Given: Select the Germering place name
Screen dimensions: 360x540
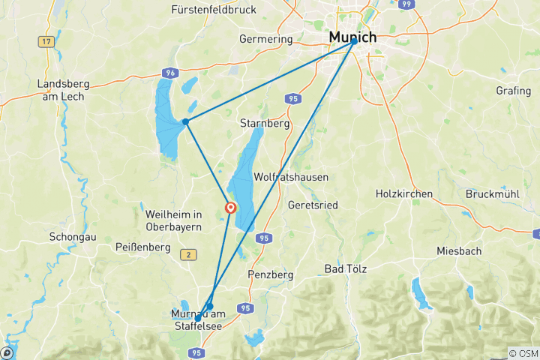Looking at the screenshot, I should point(265,38).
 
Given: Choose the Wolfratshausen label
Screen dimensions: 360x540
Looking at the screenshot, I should point(292,177).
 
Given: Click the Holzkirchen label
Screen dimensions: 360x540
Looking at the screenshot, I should point(404,193).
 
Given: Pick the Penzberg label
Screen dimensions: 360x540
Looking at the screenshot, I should point(270,274).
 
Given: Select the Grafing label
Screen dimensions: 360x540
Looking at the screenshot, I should point(514,90).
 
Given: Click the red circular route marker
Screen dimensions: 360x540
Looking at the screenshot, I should point(231,208).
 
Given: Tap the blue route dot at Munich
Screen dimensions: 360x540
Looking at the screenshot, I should point(354,43).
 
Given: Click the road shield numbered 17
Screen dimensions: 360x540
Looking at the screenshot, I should point(47,41).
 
